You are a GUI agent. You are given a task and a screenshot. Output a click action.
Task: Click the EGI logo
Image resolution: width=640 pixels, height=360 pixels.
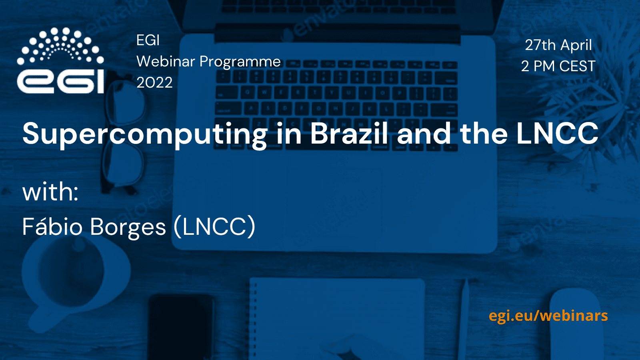click(60, 60)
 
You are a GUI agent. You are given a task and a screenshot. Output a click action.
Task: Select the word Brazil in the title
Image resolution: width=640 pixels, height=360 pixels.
click(349, 133)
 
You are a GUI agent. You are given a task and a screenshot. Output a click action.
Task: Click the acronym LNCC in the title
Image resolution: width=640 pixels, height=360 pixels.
click(557, 133)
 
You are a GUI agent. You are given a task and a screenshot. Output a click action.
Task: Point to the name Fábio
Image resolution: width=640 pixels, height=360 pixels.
click(52, 226)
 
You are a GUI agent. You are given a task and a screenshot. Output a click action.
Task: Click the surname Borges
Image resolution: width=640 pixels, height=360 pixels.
click(128, 228)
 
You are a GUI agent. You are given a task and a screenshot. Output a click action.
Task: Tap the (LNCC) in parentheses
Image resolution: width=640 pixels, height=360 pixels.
click(214, 226)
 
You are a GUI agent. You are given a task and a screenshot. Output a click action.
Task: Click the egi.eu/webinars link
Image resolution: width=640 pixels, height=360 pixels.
click(548, 316)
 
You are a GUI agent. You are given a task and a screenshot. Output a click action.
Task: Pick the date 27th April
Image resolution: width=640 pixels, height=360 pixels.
click(558, 45)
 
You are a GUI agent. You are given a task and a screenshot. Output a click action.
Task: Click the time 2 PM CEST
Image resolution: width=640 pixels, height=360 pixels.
click(558, 66)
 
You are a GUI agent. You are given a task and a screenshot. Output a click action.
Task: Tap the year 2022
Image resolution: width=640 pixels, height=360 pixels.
click(154, 82)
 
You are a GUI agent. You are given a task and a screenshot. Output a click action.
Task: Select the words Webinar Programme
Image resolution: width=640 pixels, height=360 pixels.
click(208, 62)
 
